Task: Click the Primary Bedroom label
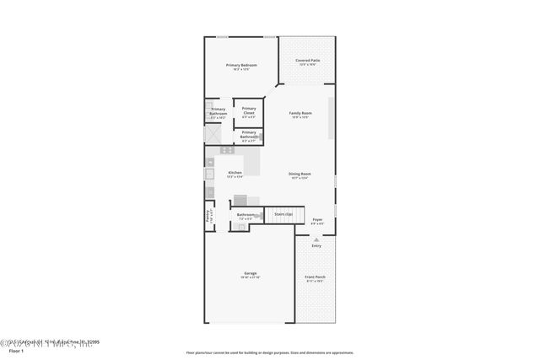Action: coord(241,65)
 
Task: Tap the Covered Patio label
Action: coord(307,61)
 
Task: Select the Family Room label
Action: coord(300,113)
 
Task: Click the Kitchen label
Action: coord(235,172)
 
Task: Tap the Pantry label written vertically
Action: coord(208,215)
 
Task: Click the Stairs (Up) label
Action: coord(283,215)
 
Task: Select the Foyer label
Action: coord(317,220)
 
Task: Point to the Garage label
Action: coord(251,272)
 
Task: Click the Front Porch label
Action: coord(316,277)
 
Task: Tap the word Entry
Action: coord(316,245)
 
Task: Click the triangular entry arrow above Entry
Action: coord(316,239)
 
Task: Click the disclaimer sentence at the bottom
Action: coord(270,353)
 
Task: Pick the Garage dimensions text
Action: coord(251,277)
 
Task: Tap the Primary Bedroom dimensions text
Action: coord(241,69)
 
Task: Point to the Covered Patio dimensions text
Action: coord(307,65)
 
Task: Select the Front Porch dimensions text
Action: coord(316,282)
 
